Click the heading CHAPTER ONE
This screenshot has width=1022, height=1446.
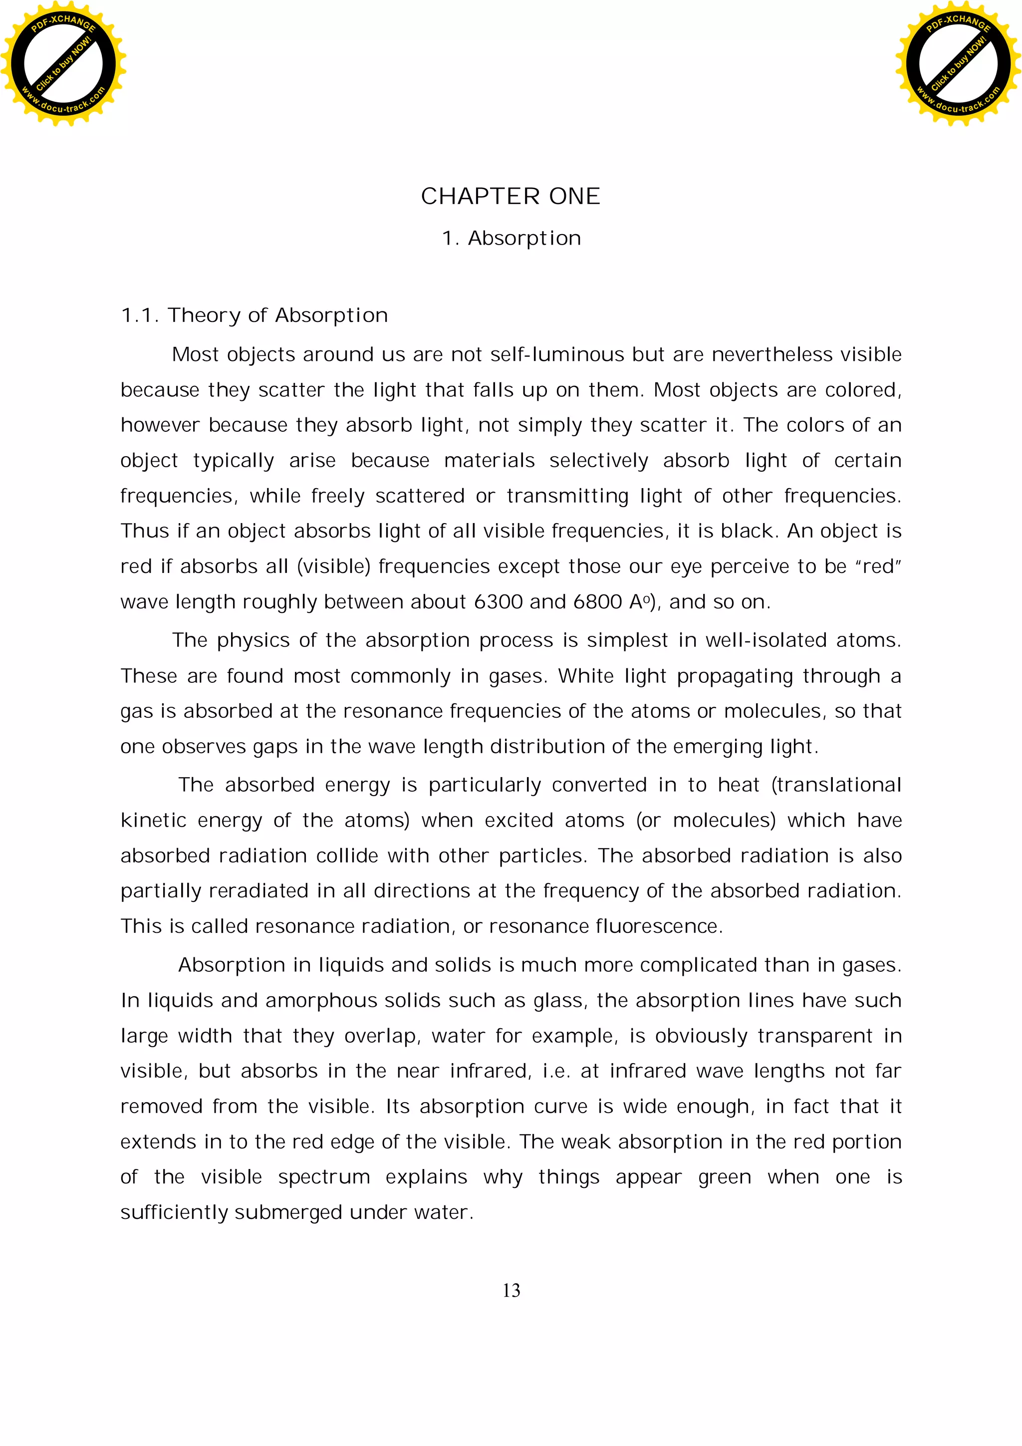[510, 197]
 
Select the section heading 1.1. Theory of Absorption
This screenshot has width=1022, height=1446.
[254, 315]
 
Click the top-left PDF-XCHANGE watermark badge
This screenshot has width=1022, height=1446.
[63, 63]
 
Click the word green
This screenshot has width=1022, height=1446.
[724, 1177]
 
